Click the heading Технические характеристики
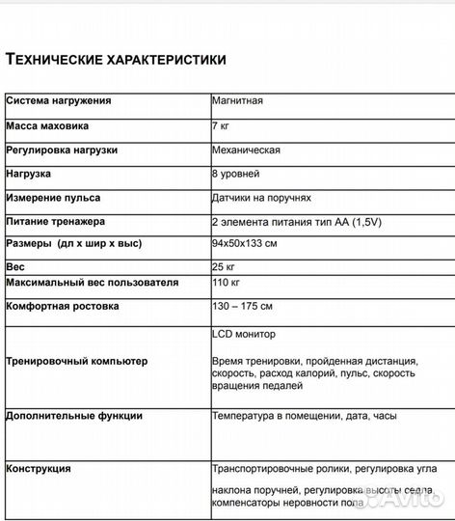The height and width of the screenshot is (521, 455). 117,60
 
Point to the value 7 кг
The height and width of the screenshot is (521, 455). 222,125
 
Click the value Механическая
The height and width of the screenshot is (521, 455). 246,151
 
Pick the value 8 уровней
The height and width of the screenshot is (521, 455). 236,175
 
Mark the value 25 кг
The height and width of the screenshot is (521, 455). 224,265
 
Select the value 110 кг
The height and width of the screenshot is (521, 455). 226,283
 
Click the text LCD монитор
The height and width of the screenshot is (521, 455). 244,334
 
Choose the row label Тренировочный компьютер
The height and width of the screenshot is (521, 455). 77,360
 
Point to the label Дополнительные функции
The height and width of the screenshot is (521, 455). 74,416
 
